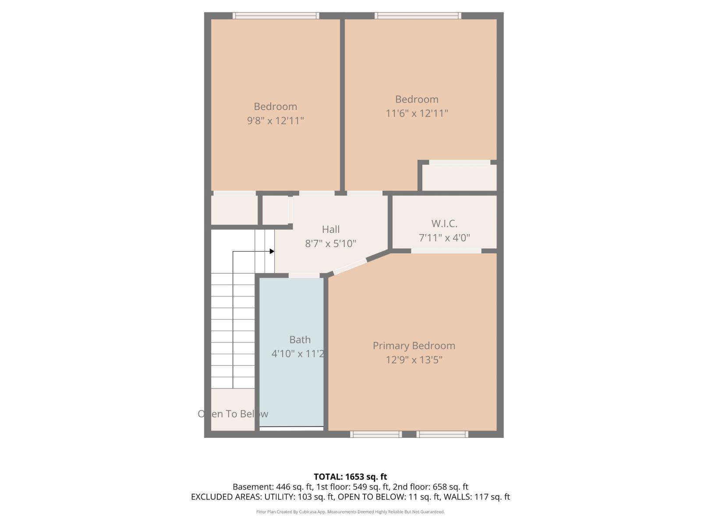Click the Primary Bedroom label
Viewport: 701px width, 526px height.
pyautogui.click(x=414, y=345)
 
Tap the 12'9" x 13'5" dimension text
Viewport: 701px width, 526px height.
pyautogui.click(x=414, y=360)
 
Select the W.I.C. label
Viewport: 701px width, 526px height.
pyautogui.click(x=444, y=224)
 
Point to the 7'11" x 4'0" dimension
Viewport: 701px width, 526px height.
pyautogui.click(x=444, y=238)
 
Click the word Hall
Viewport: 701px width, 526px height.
pyautogui.click(x=330, y=229)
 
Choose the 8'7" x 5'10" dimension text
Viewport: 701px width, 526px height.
pyautogui.click(x=330, y=244)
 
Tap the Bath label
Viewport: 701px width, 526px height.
pyautogui.click(x=300, y=339)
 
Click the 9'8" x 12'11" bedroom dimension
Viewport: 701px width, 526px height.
pyautogui.click(x=275, y=121)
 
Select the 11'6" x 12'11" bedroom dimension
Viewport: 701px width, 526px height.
pyautogui.click(x=417, y=114)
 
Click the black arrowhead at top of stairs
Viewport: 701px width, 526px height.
pyautogui.click(x=272, y=251)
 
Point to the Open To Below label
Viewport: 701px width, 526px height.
pyautogui.click(x=233, y=414)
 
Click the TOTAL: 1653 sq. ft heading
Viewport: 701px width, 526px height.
pyautogui.click(x=350, y=476)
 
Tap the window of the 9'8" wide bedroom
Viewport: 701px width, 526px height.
pyautogui.click(x=276, y=16)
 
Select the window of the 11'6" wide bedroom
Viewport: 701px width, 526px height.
pyautogui.click(x=418, y=16)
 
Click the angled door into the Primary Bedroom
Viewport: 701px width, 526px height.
pyautogui.click(x=350, y=267)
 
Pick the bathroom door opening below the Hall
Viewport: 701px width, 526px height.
pyautogui.click(x=304, y=276)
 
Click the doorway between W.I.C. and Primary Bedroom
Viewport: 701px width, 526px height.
pyautogui.click(x=446, y=251)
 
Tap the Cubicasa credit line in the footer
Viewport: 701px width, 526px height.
pyautogui.click(x=350, y=512)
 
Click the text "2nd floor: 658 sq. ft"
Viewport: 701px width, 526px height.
pyautogui.click(x=431, y=487)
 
